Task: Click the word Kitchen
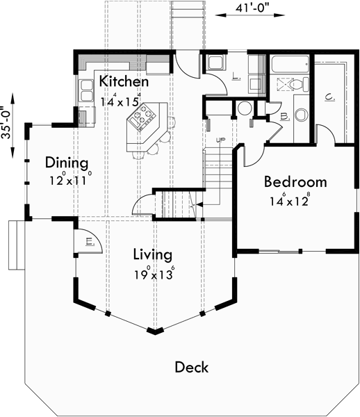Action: (124, 81)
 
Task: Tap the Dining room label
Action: (67, 163)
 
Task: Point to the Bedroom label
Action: (295, 182)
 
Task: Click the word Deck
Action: (191, 367)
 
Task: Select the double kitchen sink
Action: (87, 90)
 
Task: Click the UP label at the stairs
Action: (220, 140)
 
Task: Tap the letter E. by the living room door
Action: (90, 242)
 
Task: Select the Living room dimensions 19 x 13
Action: (153, 274)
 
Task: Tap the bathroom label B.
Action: (286, 117)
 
